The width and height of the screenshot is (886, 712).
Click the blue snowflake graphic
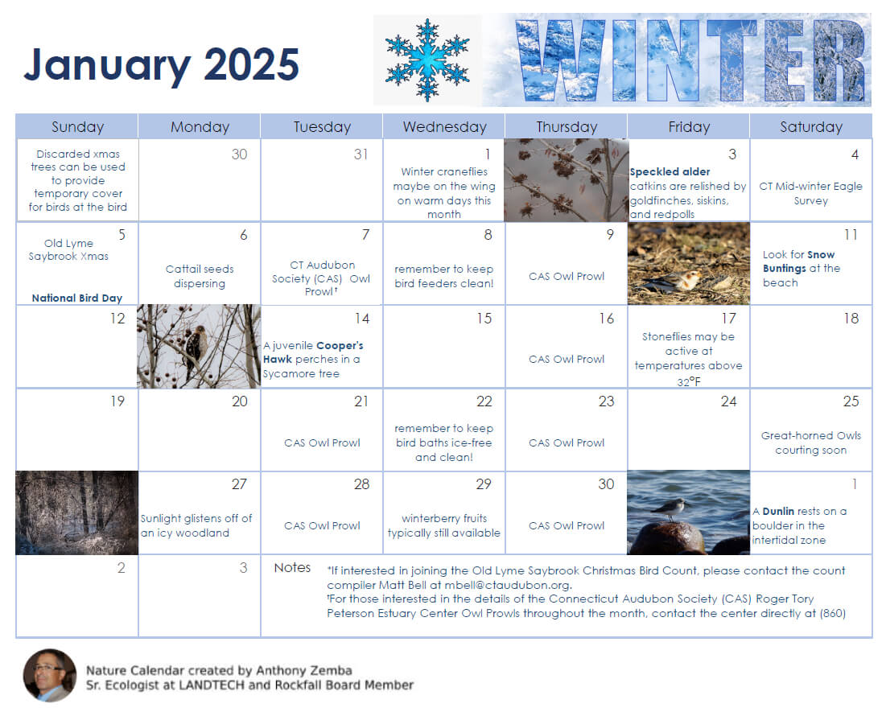[427, 60]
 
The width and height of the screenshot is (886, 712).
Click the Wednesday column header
[444, 126]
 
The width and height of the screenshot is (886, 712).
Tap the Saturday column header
[810, 126]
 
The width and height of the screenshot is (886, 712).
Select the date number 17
[728, 319]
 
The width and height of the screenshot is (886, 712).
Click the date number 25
[851, 401]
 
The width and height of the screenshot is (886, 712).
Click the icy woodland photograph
[76, 512]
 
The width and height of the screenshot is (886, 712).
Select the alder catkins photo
[566, 179]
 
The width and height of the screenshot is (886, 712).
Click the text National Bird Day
[77, 298]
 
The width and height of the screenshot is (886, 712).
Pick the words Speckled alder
[670, 171]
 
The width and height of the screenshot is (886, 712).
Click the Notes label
[292, 568]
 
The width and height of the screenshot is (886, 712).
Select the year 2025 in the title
[251, 64]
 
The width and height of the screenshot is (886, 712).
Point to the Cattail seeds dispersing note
[200, 276]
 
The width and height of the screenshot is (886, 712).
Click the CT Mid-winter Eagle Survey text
[810, 193]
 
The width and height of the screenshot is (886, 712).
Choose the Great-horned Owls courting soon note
[810, 442]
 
